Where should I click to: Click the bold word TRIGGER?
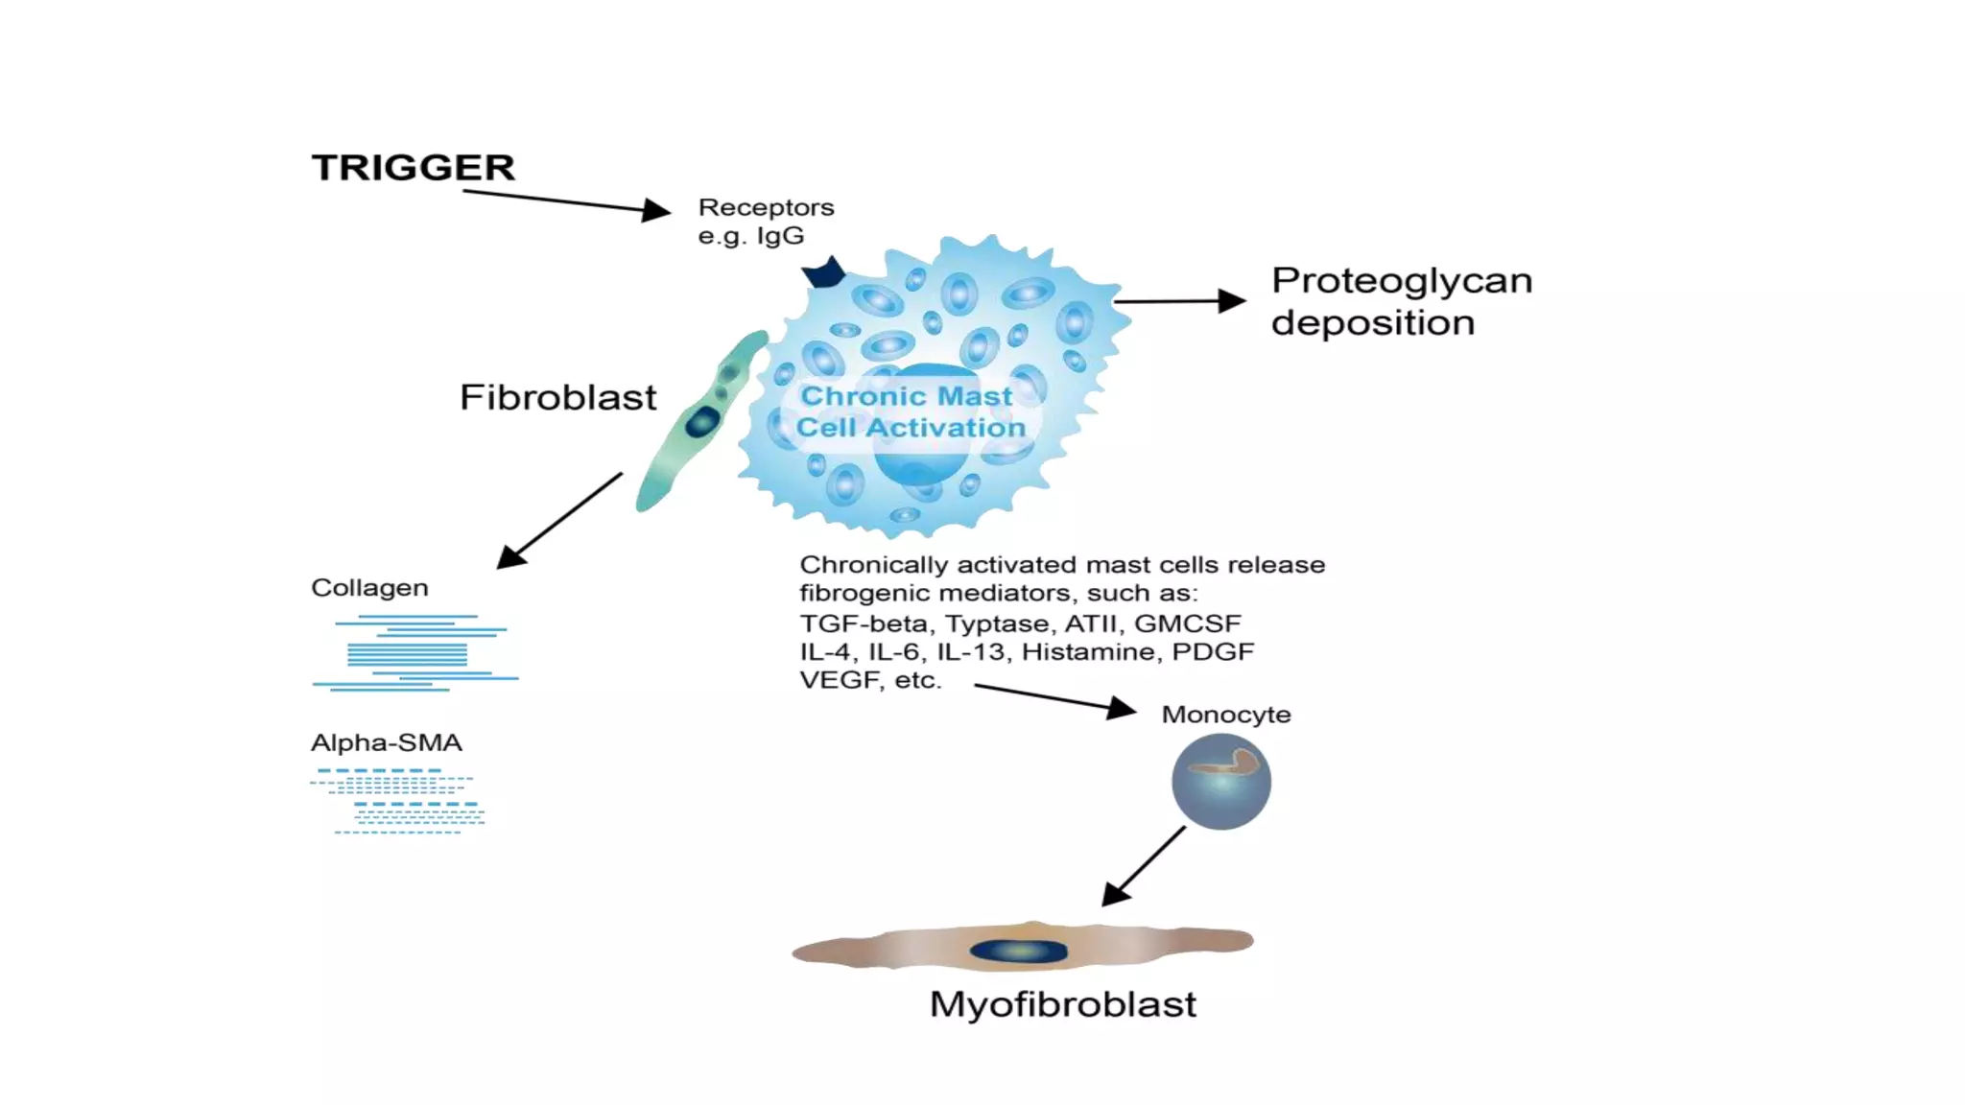[x=414, y=168]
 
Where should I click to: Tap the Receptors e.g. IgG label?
[x=765, y=222]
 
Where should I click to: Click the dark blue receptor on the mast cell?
[x=824, y=272]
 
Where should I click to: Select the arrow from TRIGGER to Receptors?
[x=565, y=201]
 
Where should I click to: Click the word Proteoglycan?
[x=1401, y=281]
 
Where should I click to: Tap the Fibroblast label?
[x=557, y=397]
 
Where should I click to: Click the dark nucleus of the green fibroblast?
[x=702, y=421]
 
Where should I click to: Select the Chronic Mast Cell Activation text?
[x=910, y=411]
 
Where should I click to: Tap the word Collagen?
[x=369, y=588]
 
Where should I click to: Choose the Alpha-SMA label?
[x=386, y=743]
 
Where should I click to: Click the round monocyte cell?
[x=1220, y=781]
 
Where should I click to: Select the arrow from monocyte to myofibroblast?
[x=1144, y=866]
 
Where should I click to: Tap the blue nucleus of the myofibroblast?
[x=1019, y=951]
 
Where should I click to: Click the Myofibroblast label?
[x=1062, y=1005]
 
